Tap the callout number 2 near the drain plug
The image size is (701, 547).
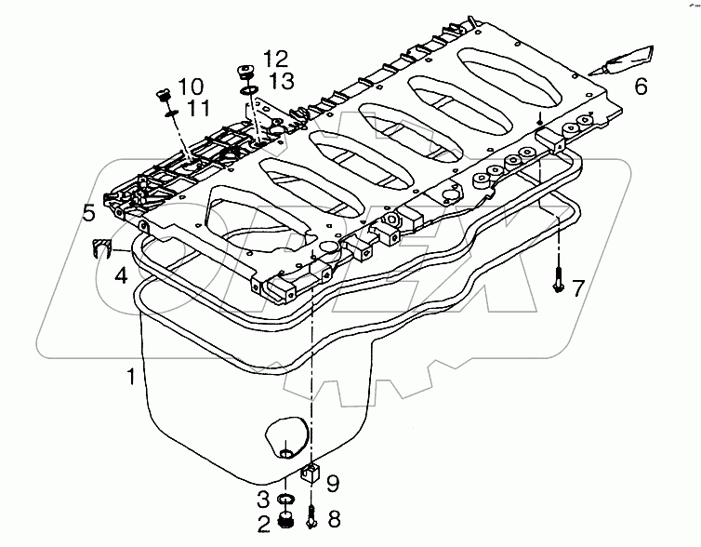(263, 523)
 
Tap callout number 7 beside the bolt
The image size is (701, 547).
(577, 288)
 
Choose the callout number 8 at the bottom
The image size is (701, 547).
(334, 519)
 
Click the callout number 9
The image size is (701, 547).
(334, 482)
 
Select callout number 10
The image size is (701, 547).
(190, 87)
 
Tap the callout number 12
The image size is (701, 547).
(274, 58)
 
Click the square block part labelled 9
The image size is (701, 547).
(311, 474)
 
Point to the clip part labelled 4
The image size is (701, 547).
(101, 247)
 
